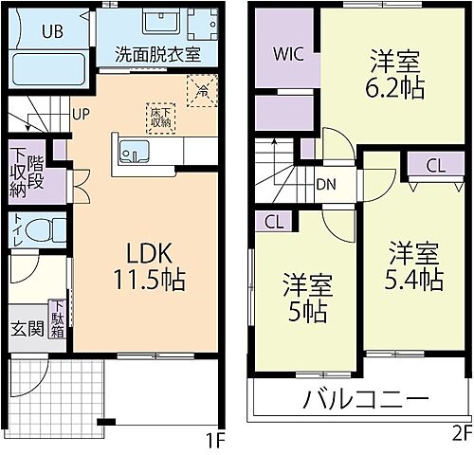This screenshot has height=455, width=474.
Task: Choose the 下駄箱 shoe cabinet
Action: [x=59, y=319]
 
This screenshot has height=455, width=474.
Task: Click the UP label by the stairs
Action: [x=82, y=113]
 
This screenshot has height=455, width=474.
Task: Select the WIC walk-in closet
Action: [x=288, y=53]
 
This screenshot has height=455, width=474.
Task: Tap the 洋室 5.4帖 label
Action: [x=414, y=266]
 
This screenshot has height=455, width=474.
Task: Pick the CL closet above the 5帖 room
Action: [x=275, y=222]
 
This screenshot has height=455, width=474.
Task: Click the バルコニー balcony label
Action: [x=365, y=399]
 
